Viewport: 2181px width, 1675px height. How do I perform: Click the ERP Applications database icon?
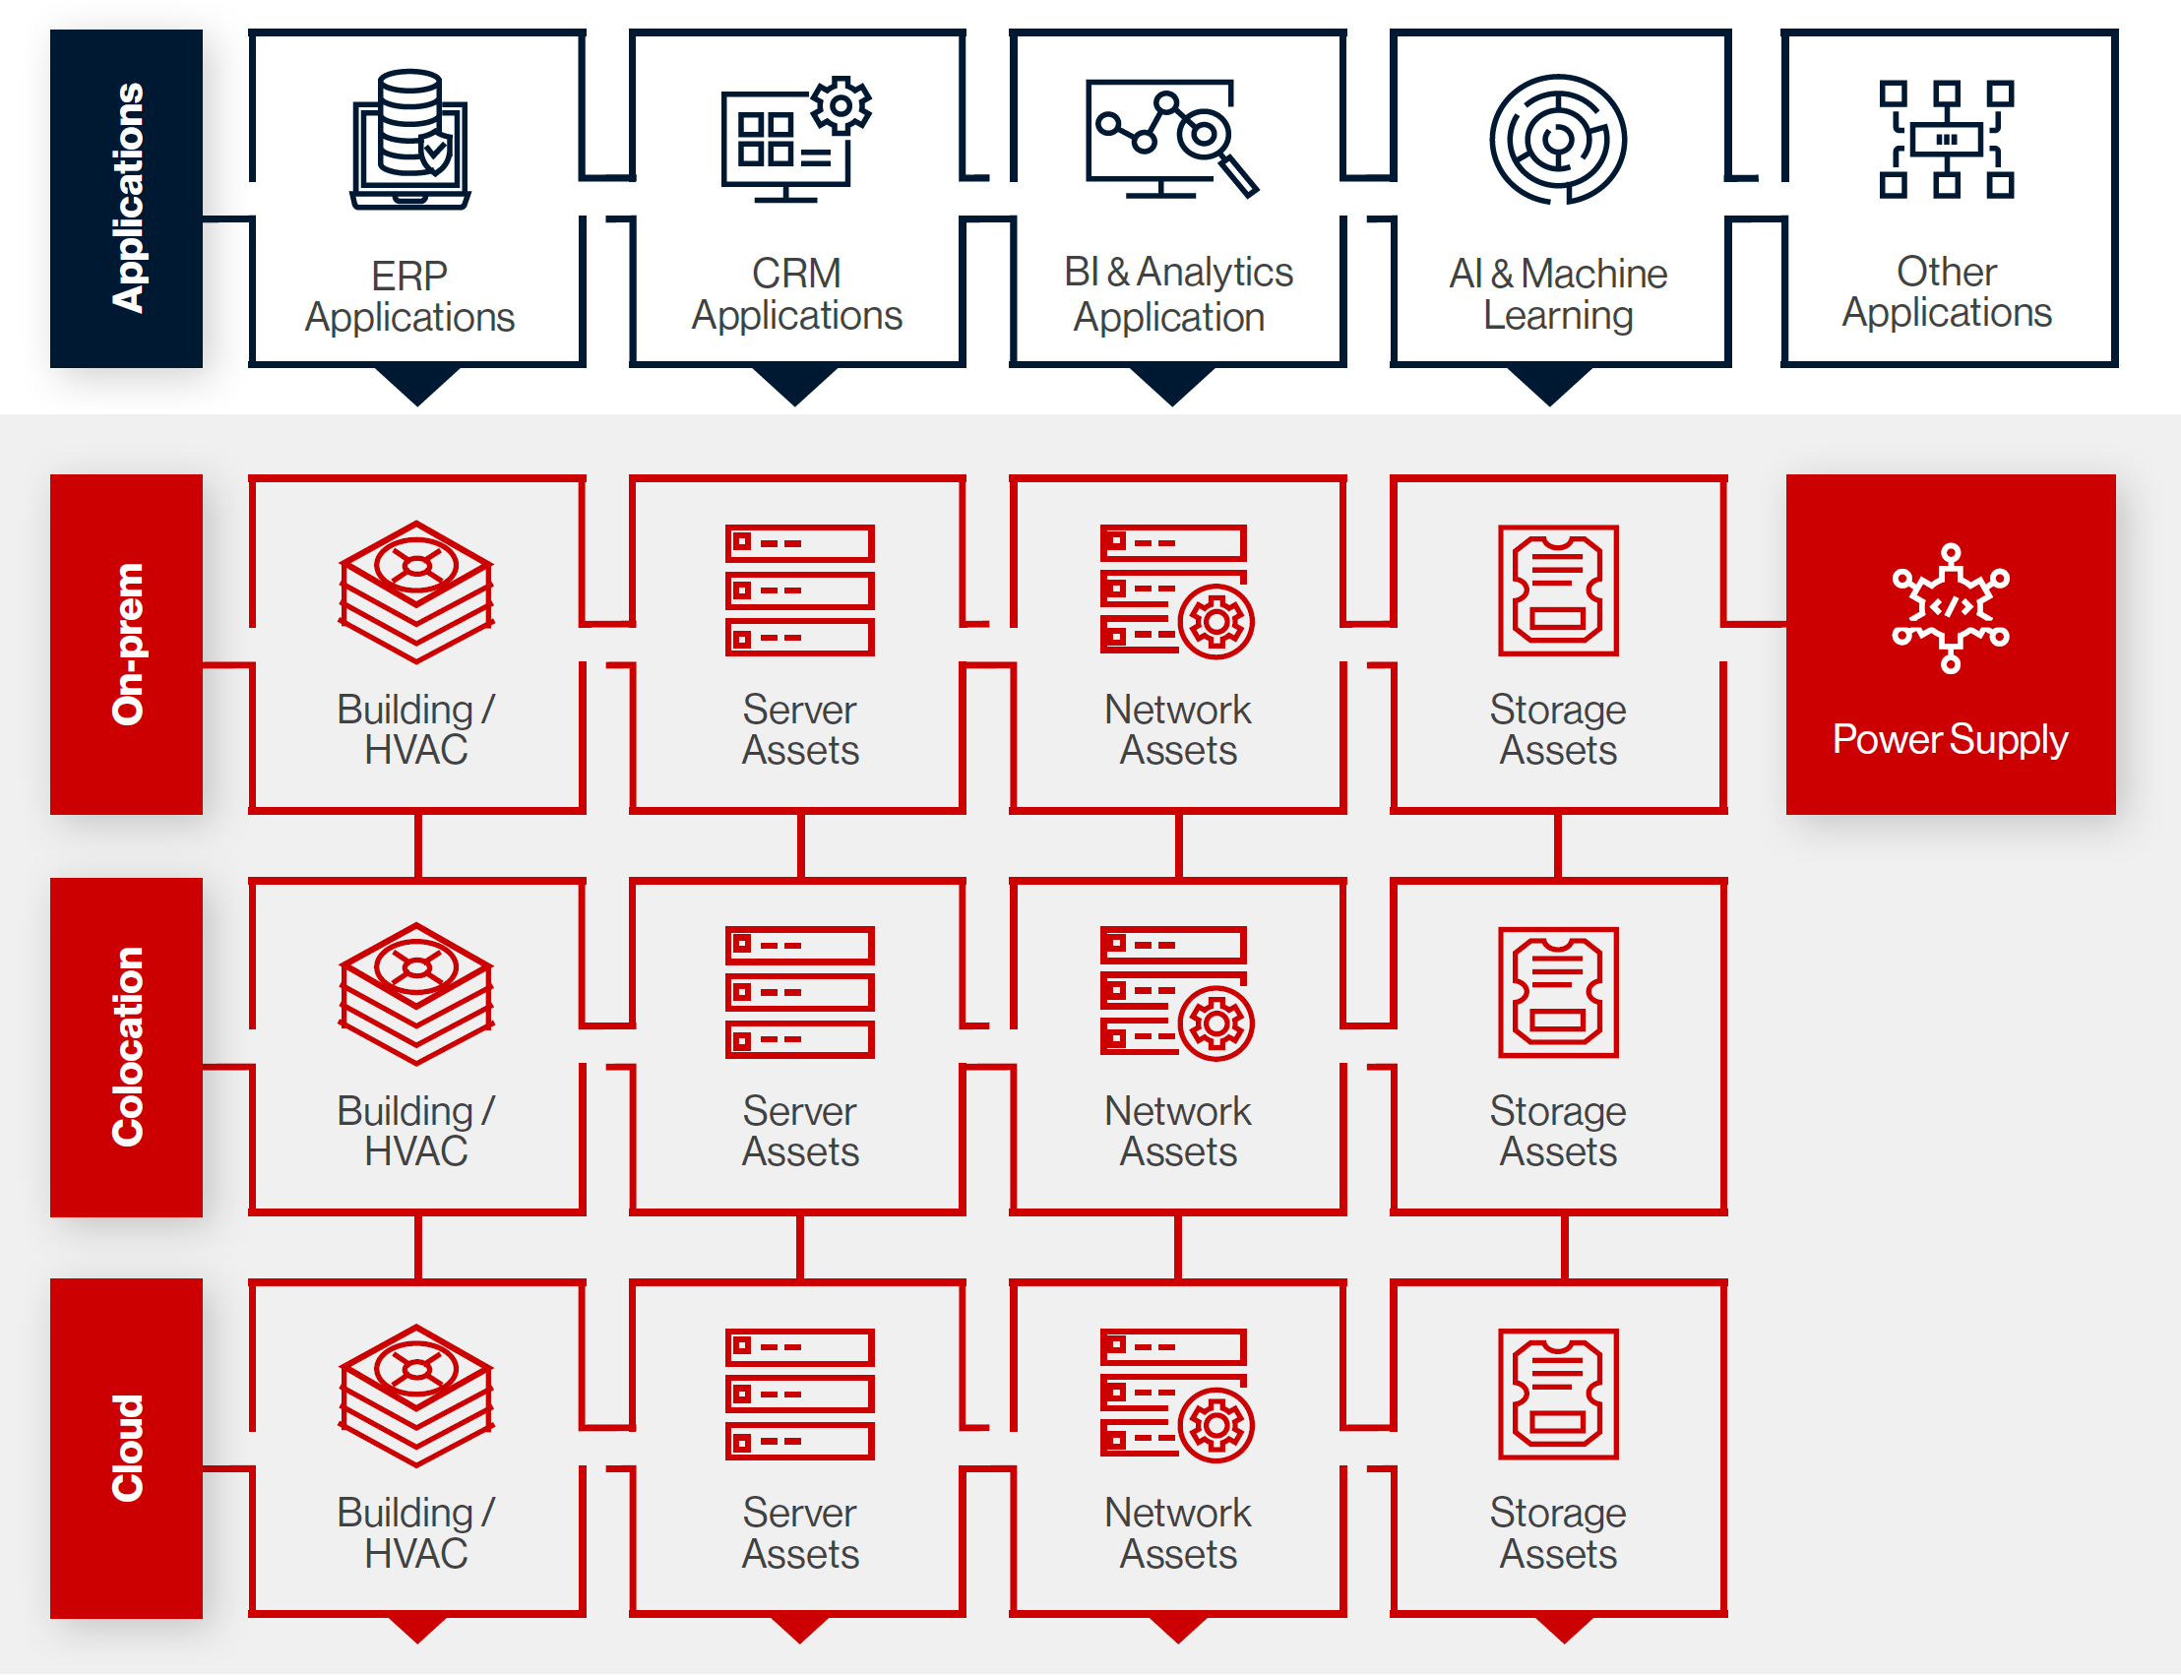coord(409,139)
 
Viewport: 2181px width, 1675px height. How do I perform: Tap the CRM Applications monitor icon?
coord(796,140)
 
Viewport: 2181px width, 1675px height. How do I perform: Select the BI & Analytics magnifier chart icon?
coord(1171,139)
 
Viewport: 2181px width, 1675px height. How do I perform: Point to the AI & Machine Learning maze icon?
coord(1558,139)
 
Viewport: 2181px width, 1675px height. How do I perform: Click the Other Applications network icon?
coord(1947,140)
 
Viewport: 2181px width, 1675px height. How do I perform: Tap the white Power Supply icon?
coord(1951,608)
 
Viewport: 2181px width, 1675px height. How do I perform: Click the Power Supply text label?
coord(1950,739)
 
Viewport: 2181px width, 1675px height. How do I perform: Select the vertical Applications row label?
coord(128,198)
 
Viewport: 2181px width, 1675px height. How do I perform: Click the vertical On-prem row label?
coord(128,644)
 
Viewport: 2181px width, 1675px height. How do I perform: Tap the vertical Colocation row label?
coord(128,1046)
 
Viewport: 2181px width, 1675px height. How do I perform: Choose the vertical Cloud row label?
coord(128,1448)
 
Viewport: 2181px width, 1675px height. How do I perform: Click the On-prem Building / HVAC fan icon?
coord(416,591)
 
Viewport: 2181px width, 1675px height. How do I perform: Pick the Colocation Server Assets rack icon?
coord(799,992)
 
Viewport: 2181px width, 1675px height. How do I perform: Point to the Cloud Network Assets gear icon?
coord(1216,1426)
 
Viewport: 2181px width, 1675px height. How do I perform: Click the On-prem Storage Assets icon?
coord(1558,590)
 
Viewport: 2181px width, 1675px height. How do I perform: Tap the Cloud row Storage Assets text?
coord(1558,1533)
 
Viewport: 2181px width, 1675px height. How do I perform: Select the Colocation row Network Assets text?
coord(1177,1132)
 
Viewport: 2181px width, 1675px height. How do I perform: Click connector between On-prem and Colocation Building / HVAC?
coord(417,846)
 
